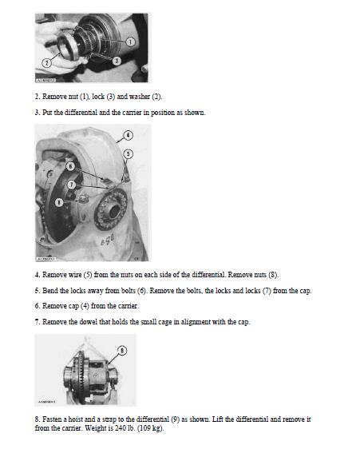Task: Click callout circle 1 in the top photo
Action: pos(130,42)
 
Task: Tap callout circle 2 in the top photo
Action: pos(46,63)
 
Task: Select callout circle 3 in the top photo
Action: pos(117,61)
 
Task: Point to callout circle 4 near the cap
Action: pos(128,136)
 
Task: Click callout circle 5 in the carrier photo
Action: pos(128,154)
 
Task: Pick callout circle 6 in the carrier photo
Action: pos(70,166)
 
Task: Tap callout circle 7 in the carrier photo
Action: pos(71,185)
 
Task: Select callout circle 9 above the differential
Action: pos(121,351)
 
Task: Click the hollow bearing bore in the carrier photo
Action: pos(114,211)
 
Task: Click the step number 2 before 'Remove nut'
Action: pos(37,97)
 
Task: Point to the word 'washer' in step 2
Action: pos(140,97)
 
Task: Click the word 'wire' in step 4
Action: pos(75,275)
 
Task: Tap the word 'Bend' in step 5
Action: pos(50,291)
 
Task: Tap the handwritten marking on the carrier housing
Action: pos(108,241)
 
